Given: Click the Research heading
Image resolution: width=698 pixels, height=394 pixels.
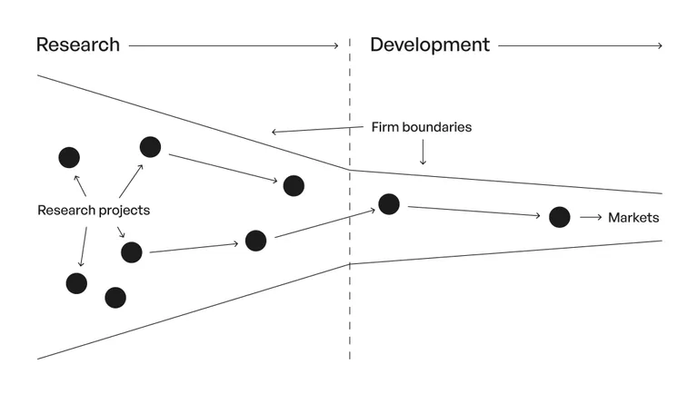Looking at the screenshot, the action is [x=78, y=44].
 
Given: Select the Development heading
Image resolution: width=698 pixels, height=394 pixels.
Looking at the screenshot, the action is [x=430, y=44].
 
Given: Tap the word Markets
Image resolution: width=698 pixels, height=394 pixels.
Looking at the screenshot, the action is [x=633, y=218].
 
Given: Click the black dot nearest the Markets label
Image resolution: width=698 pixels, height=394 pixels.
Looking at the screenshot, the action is [x=560, y=217].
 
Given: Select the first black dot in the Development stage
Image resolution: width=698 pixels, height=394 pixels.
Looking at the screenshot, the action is [x=389, y=204].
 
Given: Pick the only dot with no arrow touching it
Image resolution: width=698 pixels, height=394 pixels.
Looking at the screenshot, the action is [x=115, y=298].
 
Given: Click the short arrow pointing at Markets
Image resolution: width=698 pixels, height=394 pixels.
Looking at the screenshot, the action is [x=591, y=218].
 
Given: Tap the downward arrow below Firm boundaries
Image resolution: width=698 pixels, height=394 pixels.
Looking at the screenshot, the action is [x=423, y=153].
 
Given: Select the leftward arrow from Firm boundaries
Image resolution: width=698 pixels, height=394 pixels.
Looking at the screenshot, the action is [x=317, y=130].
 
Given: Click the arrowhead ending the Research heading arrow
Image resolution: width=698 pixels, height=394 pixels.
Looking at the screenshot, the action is [x=336, y=45].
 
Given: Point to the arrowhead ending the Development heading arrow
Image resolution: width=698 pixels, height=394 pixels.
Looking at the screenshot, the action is [x=660, y=45].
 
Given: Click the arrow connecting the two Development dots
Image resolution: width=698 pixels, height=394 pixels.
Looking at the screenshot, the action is [x=474, y=212].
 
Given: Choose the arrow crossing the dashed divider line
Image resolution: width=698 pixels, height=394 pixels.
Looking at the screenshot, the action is [x=325, y=223].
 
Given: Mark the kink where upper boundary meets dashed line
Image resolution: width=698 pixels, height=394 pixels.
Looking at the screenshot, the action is [x=350, y=170].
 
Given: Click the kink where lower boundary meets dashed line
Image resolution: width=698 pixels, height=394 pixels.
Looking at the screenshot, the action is [x=350, y=264].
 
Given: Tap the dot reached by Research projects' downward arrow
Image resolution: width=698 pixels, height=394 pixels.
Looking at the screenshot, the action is [x=76, y=283].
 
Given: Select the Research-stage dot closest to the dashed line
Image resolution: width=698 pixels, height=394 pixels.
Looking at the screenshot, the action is [x=294, y=185].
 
